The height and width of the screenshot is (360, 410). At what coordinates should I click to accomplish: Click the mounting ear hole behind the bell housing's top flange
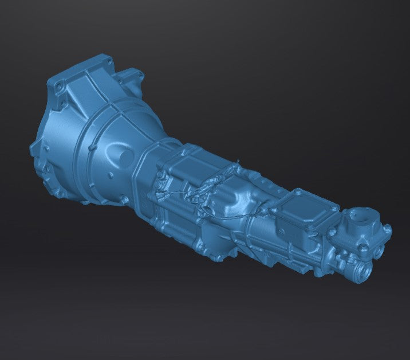[x=133, y=81]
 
